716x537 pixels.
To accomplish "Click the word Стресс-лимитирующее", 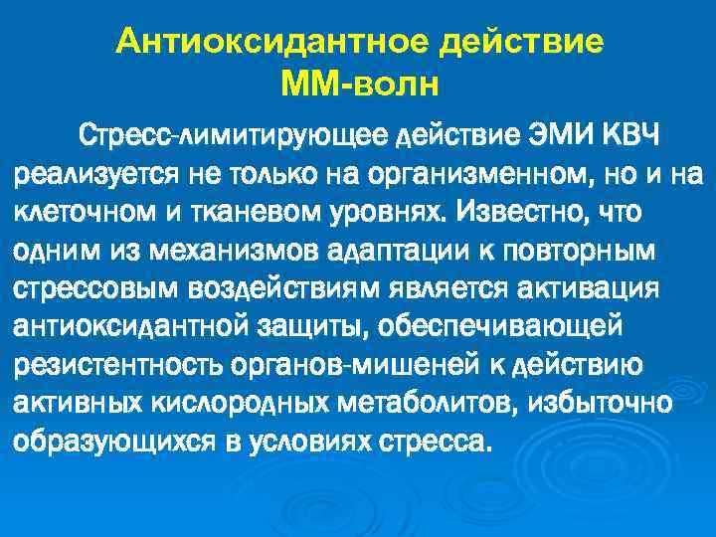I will tap(236, 134).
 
